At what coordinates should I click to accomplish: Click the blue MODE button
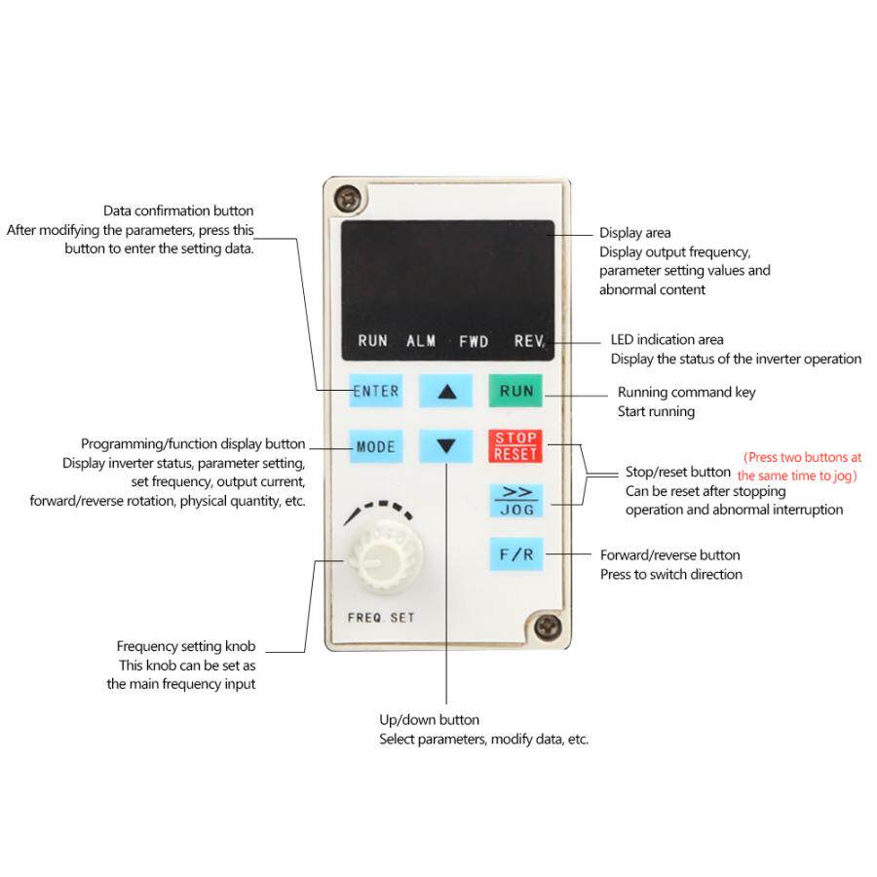pos(375,447)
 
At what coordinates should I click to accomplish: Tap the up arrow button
pos(446,392)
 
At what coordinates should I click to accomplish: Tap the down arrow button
pos(446,447)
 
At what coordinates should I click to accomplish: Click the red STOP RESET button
pos(515,446)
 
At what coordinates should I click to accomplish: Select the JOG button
pos(515,500)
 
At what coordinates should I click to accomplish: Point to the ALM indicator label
pos(421,341)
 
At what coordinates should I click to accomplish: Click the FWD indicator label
pos(475,341)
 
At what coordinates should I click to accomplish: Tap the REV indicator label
pos(529,341)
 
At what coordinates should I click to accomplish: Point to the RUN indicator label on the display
pos(372,341)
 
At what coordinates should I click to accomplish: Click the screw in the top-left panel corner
pos(343,200)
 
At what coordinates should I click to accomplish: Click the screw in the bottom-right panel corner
pos(550,625)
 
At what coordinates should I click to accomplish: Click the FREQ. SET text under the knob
pos(381,618)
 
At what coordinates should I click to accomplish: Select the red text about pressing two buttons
pos(801,466)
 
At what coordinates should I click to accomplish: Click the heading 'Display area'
pos(634,233)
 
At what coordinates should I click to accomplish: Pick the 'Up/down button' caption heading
pos(429,720)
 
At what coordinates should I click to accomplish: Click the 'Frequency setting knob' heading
pos(185,646)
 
